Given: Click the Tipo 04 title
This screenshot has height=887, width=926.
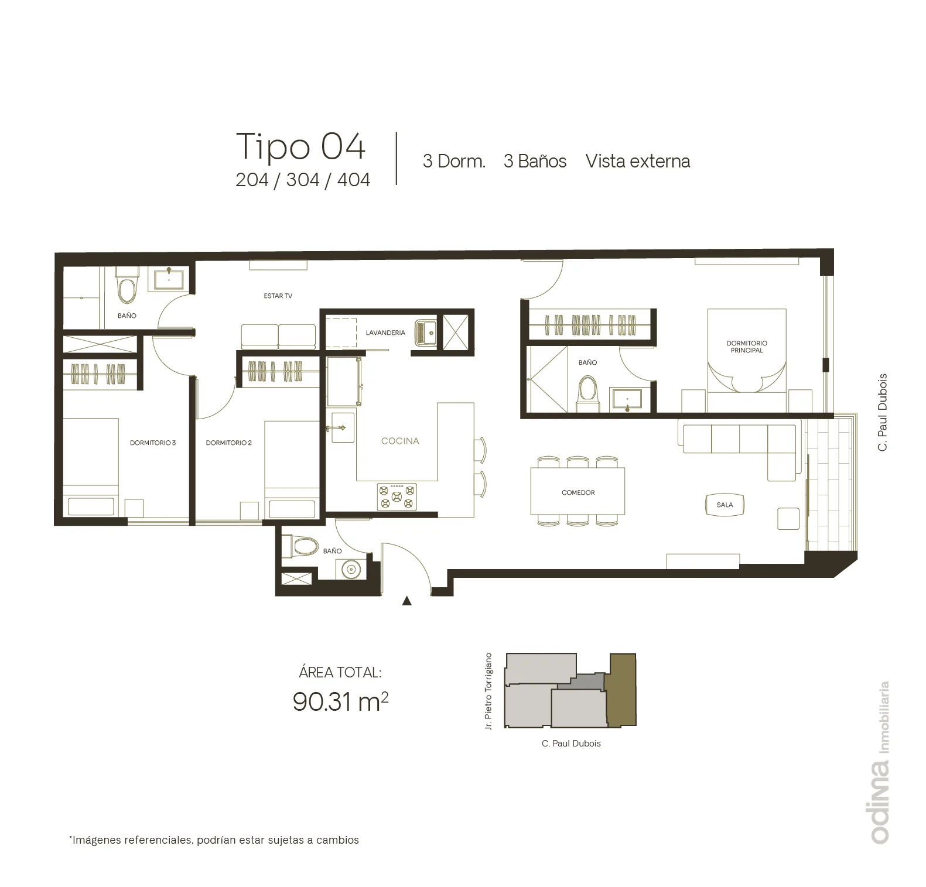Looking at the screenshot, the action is click(x=301, y=146).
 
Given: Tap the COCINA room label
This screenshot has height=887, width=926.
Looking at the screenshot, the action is click(x=400, y=441).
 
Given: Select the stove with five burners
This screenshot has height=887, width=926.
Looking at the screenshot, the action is click(x=397, y=496).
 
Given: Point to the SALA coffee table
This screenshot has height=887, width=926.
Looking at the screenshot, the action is click(x=725, y=505).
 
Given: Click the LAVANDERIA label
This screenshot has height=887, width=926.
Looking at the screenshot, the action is click(x=385, y=333).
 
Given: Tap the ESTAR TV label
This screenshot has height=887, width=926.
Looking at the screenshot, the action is click(x=278, y=296).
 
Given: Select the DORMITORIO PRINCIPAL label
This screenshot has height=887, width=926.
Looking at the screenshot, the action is click(x=747, y=347).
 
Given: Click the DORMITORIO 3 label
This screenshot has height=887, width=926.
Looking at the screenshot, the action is click(x=153, y=443).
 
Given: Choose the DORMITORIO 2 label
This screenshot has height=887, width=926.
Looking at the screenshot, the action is click(x=228, y=443).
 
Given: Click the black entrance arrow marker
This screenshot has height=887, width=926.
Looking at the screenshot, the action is click(x=406, y=600).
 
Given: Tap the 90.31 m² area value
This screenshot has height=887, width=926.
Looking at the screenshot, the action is click(x=340, y=701).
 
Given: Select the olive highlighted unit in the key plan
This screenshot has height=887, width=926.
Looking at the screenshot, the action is click(x=621, y=691).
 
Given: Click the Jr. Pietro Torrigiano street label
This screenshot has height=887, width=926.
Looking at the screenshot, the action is click(x=488, y=691).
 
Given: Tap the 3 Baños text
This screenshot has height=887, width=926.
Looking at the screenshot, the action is click(x=535, y=161).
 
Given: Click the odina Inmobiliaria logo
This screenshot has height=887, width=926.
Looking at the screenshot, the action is click(x=880, y=762).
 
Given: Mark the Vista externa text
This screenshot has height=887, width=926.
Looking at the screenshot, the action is click(x=638, y=161).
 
